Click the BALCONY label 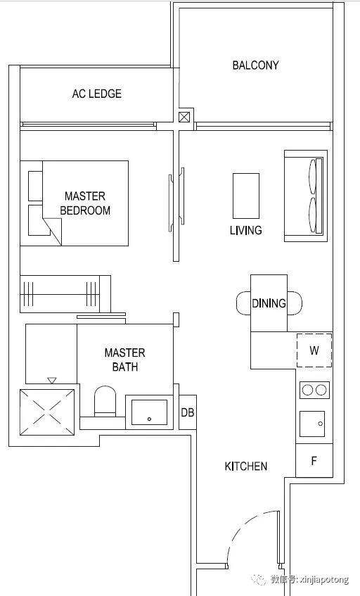(255, 65)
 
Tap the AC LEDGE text (97, 94)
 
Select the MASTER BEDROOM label (85, 203)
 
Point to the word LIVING (245, 230)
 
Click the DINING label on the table (269, 303)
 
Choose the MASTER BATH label (125, 360)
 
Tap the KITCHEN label (245, 466)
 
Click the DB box (188, 412)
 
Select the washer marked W (314, 350)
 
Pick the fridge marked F (314, 460)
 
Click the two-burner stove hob (314, 390)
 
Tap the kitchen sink (312, 424)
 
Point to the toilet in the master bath (105, 402)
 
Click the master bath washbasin (149, 412)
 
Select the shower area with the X (47, 412)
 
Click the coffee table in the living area (246, 196)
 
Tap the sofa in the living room (306, 196)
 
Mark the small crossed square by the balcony (184, 117)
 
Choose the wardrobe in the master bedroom (65, 294)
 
